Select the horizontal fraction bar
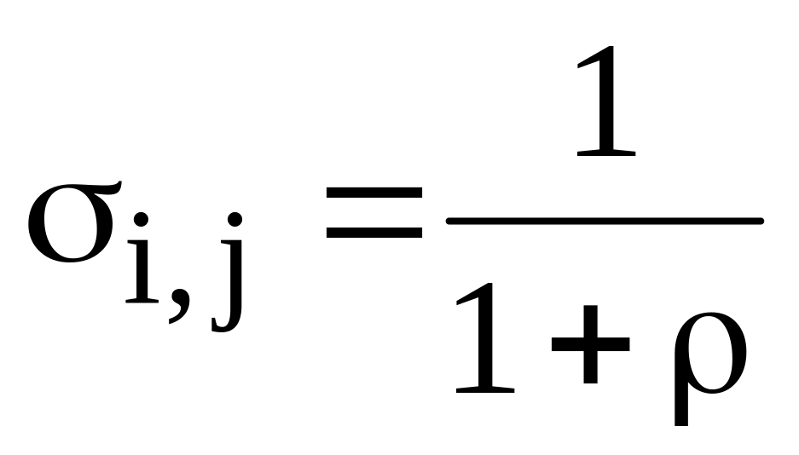click(604, 222)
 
